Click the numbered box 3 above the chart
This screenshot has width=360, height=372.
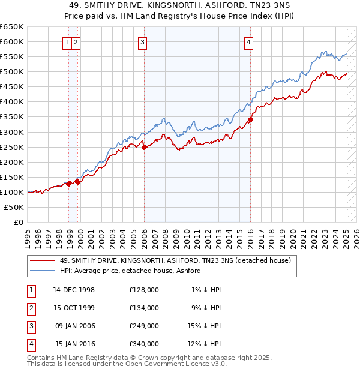(x=143, y=42)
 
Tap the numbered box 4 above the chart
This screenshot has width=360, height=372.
(x=248, y=42)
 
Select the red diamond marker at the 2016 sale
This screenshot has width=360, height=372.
(x=250, y=120)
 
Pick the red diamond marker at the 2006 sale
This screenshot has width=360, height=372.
(x=144, y=147)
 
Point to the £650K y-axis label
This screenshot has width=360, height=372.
(x=12, y=27)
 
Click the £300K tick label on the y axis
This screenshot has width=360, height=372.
(x=12, y=132)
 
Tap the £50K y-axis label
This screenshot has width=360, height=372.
(x=14, y=207)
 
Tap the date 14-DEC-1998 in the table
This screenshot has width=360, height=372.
(x=74, y=290)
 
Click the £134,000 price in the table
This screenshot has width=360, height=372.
(x=144, y=307)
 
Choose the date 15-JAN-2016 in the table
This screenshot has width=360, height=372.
(x=75, y=344)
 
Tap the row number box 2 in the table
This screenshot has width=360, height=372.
(x=30, y=307)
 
